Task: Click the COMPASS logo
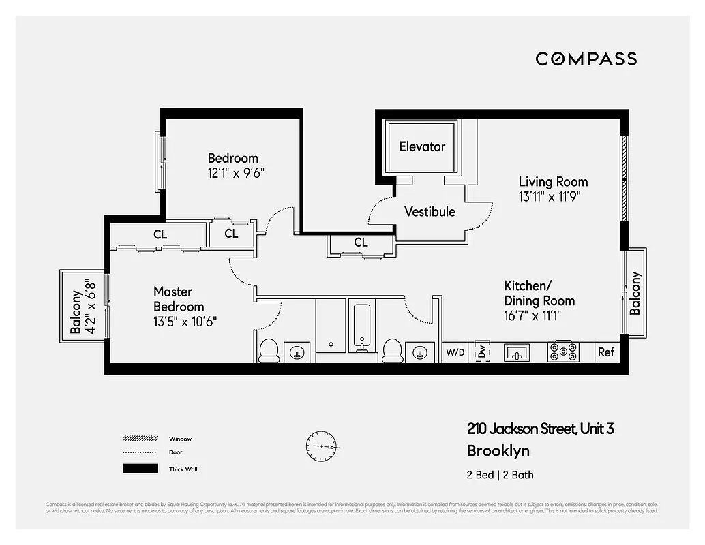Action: point(586,59)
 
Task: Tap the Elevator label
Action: point(422,146)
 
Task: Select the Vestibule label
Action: point(430,211)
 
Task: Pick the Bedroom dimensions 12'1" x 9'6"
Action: point(235,173)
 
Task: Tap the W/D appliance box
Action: point(455,352)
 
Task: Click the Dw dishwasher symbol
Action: point(482,352)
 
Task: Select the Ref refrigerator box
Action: point(605,352)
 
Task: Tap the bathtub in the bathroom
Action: point(361,327)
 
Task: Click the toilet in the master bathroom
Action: point(269,350)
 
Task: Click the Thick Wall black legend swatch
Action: point(140,469)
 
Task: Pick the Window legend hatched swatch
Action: point(140,439)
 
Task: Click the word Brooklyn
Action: point(498,450)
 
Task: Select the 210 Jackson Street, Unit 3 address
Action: point(540,429)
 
